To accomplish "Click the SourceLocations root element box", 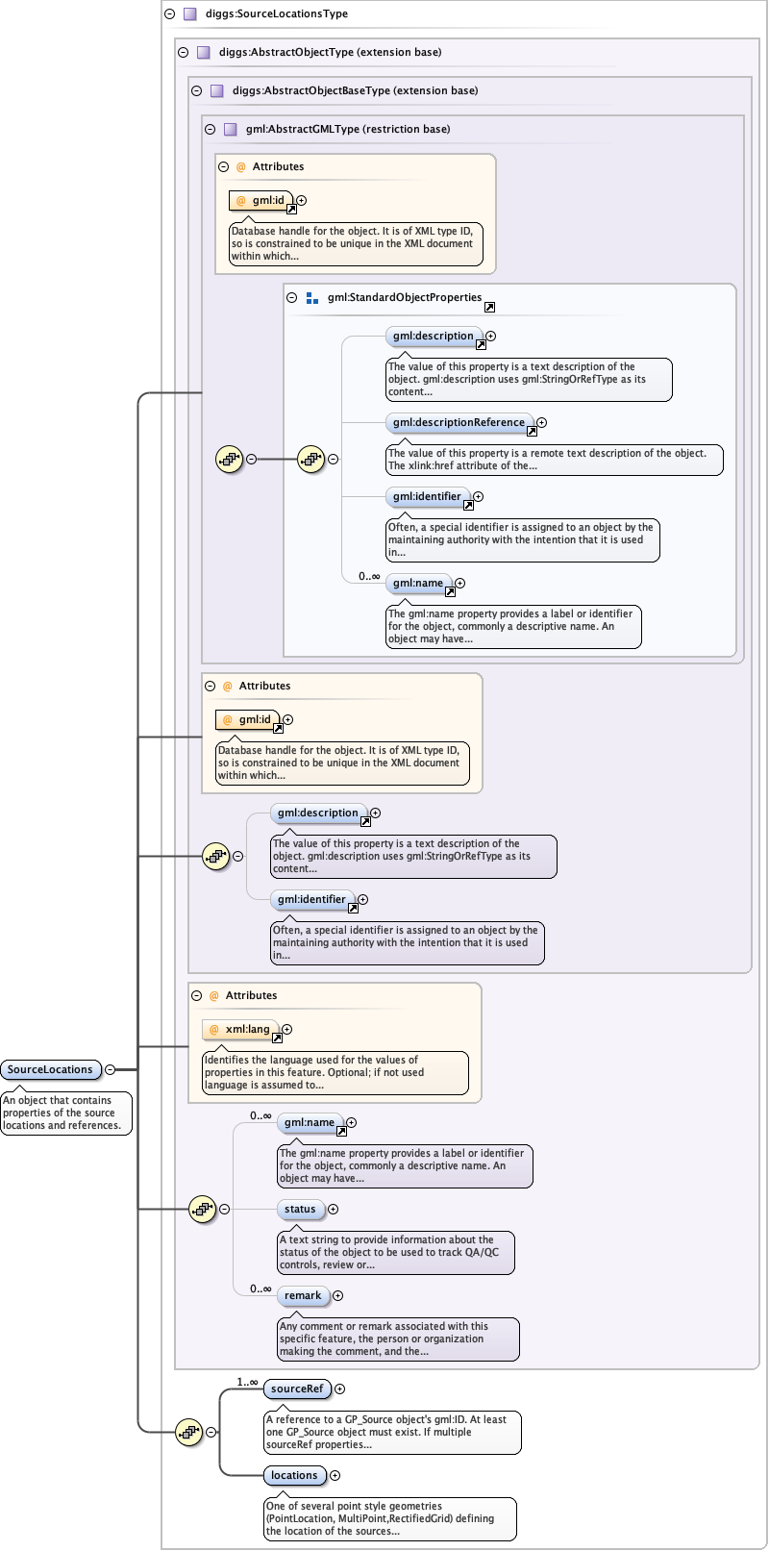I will tap(50, 1069).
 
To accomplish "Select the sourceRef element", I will tap(297, 1388).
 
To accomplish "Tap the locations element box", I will tap(294, 1475).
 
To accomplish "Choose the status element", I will tap(300, 1209).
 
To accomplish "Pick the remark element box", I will tap(303, 1295).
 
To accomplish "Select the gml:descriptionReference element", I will tap(459, 422).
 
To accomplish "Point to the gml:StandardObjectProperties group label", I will tap(404, 297).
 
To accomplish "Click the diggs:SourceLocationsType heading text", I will tap(277, 14).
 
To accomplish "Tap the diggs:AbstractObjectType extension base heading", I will tap(330, 52).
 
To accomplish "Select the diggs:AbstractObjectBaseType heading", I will tap(355, 90).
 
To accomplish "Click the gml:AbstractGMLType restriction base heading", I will tap(348, 129).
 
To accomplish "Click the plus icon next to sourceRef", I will tap(339, 1388).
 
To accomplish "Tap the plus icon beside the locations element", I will tap(335, 1475).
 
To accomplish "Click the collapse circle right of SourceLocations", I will tap(111, 1069).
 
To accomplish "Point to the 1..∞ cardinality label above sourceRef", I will tap(247, 1382).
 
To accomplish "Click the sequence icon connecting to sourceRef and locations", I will tap(188, 1432).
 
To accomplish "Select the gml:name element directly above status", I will tap(307, 1122).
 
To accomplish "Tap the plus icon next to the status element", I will tap(333, 1209).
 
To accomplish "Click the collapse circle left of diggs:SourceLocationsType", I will tap(170, 14).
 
